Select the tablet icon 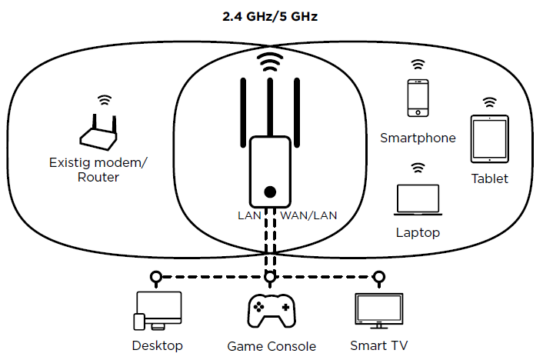coord(489,139)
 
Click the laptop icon coord(418,199)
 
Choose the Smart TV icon coord(378,311)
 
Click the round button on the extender coord(269,192)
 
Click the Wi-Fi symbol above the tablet coord(489,102)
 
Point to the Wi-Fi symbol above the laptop coord(418,166)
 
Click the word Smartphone coord(418,138)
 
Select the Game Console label coord(271,346)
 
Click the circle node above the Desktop coord(156,276)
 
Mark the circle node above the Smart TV coord(378,276)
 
